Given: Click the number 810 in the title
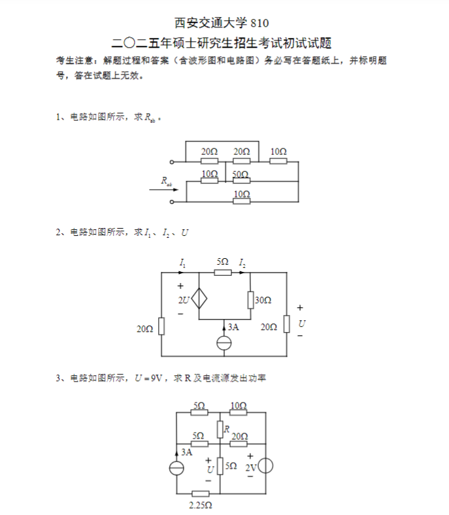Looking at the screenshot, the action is pos(259,23).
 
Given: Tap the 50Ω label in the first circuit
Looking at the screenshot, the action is pos(241,174).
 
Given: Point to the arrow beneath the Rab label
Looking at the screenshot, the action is pos(164,190).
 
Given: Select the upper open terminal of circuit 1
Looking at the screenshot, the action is pos(171,162).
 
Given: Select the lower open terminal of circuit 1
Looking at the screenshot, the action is pos(171,202).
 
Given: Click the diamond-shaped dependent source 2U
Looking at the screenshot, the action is pos(199,299).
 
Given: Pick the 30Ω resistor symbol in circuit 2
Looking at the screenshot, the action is pos(250,300).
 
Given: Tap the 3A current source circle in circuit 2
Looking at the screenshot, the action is pos(224,343).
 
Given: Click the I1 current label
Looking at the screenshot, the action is pos(182,263).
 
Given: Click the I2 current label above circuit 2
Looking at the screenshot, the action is pos(242,263).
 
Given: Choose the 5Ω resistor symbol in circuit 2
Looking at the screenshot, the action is pos(223,273).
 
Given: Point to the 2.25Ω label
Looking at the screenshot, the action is pos(201,505).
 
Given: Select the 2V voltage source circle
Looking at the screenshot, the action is pos(266,466).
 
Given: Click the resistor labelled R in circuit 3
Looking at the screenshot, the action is pos(220,429).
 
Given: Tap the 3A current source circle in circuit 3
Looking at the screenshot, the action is pos(176,469).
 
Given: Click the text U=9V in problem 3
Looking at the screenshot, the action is pos(148,378).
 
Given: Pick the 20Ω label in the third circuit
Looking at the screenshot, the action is pos(240,436).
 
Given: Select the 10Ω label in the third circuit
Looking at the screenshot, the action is pos(239,405).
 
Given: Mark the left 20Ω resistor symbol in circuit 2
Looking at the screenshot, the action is pos(161,326).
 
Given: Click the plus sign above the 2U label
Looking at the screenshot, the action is pos(180,286).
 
